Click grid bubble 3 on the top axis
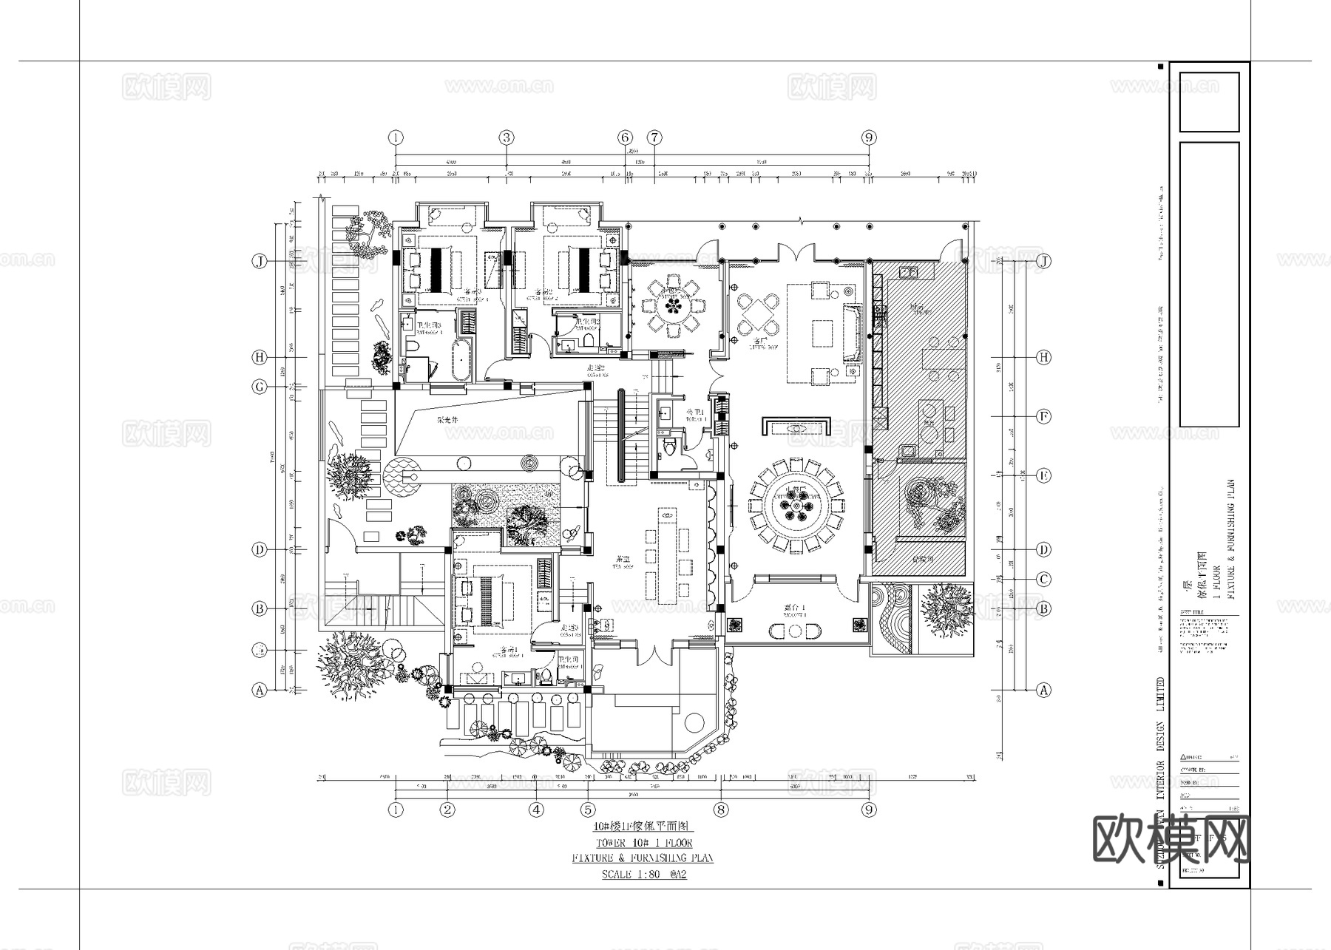507,138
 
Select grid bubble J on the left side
260,262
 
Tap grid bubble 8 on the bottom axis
721,810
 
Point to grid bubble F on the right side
1043,417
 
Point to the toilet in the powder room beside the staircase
670,447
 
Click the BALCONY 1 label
795,611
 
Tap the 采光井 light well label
447,420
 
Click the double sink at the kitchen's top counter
909,272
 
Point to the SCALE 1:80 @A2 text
643,875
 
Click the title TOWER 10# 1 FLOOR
643,843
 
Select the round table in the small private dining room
673,303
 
